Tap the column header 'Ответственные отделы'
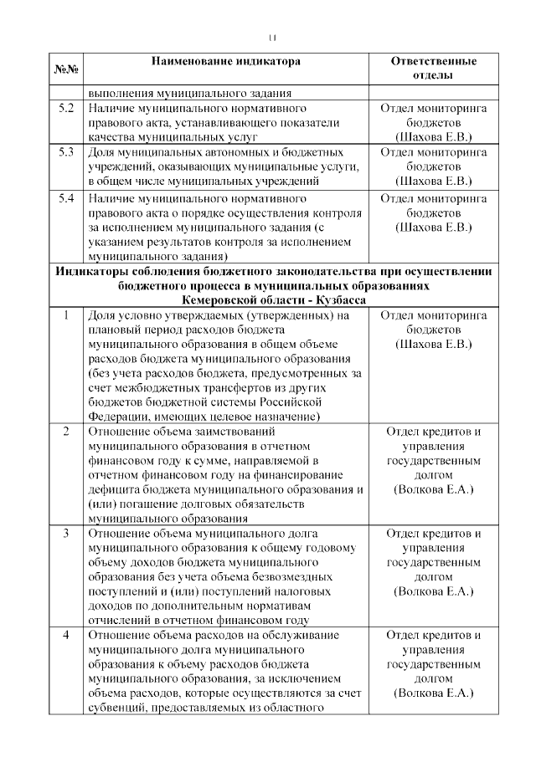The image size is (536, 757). point(433,69)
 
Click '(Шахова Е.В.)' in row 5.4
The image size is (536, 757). point(433,227)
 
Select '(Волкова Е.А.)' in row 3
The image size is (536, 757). point(433,591)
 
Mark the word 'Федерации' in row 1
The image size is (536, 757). point(116,416)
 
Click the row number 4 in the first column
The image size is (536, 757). point(66,635)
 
